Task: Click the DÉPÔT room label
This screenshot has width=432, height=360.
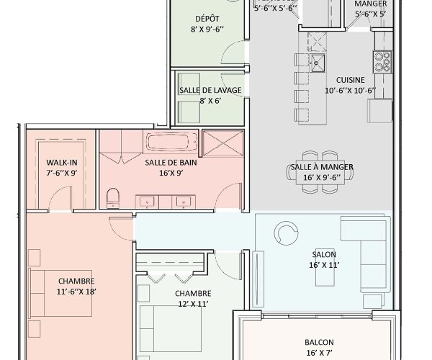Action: coord(207,18)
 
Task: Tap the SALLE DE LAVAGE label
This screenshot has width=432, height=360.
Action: coord(210,90)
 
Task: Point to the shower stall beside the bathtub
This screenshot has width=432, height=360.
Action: coord(222,143)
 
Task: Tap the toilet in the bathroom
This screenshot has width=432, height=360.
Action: coord(112,198)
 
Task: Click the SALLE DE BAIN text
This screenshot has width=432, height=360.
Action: coord(171,163)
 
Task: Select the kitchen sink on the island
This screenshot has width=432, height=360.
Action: coord(318,59)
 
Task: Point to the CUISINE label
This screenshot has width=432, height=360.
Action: coord(350,80)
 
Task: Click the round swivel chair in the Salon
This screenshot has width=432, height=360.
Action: coord(286,232)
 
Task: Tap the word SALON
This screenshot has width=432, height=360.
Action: coord(324,254)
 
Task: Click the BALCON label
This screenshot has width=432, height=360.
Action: coord(319,342)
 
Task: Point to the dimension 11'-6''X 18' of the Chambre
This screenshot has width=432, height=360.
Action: coord(77,292)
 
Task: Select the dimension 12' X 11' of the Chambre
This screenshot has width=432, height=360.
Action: coord(192,304)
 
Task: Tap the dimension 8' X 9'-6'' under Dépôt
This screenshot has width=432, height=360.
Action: coord(207,30)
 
